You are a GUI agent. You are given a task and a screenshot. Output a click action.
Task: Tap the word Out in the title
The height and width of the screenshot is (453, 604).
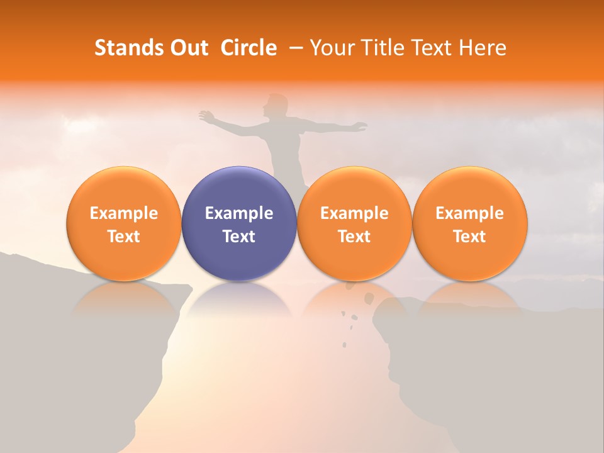(x=189, y=48)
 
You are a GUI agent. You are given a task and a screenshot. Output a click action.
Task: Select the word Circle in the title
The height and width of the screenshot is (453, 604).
(x=249, y=48)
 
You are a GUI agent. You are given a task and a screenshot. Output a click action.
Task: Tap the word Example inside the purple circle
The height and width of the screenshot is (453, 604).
(x=239, y=213)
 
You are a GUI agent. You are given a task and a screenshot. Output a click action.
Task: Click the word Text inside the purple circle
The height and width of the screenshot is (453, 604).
(x=239, y=237)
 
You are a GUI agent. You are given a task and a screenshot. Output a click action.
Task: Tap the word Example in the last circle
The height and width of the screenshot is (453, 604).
(x=470, y=213)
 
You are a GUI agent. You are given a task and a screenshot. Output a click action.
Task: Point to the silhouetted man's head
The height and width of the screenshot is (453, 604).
(x=274, y=104)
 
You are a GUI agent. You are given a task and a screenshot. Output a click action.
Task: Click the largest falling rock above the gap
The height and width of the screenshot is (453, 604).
(x=369, y=297)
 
